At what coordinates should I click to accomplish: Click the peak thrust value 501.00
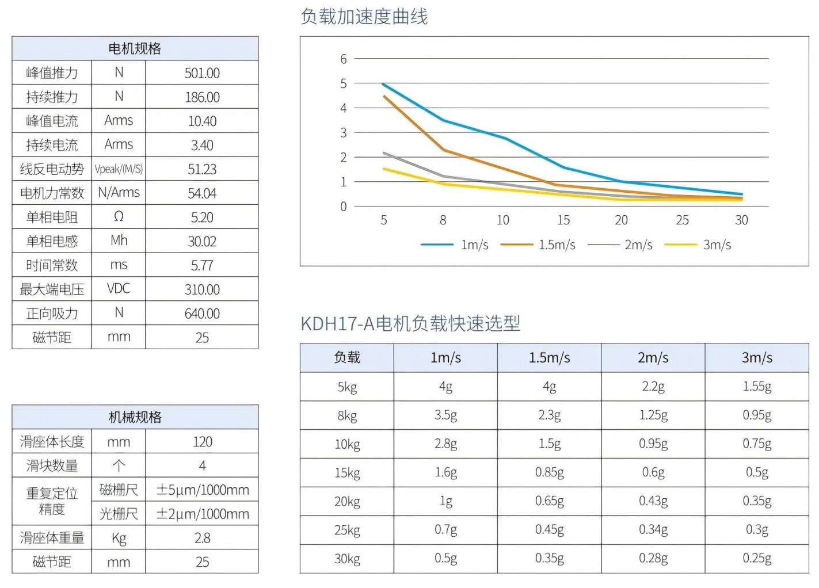202,73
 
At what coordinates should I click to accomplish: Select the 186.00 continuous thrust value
202,97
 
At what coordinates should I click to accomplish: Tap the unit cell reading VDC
119,289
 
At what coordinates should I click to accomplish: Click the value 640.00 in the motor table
202,314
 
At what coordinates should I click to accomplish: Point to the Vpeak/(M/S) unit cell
119,169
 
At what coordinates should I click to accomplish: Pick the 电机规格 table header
135,49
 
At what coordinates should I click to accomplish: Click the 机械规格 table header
135,417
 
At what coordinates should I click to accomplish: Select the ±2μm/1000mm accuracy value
203,514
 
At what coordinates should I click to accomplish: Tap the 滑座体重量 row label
52,538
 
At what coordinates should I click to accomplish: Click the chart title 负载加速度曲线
364,17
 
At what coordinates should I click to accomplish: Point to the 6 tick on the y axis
344,59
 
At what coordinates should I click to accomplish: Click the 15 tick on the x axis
563,220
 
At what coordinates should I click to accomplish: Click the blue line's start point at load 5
383,84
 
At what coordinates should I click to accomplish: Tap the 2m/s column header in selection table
653,358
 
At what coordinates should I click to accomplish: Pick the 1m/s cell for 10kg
446,444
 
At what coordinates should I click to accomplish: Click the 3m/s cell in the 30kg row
757,559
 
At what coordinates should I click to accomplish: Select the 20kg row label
347,502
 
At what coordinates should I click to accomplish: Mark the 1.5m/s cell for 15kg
550,473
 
